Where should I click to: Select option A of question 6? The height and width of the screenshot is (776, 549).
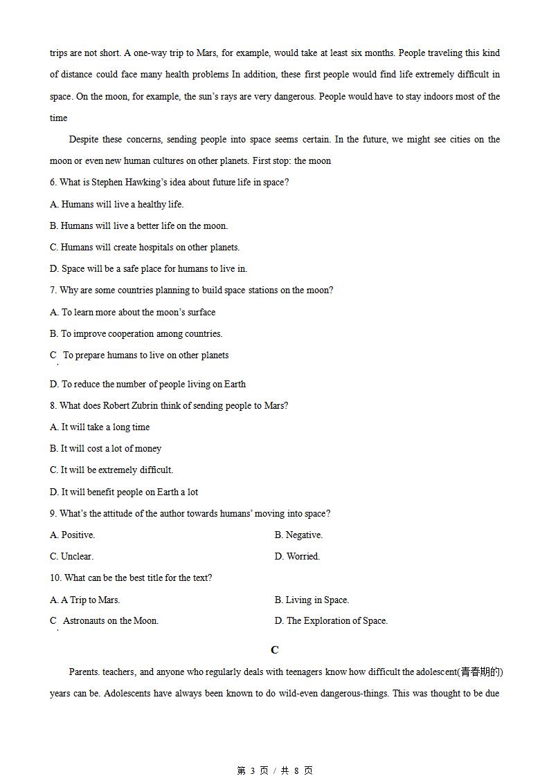tap(116, 204)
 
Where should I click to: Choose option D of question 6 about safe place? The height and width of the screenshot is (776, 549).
tap(148, 268)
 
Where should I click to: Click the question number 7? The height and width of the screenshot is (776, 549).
tap(53, 290)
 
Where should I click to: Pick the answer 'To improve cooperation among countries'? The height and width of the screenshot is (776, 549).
tap(136, 333)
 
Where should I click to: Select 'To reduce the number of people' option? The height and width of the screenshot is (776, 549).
tap(147, 384)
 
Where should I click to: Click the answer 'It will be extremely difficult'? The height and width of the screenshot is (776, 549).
tap(111, 470)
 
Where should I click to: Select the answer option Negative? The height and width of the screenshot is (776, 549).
tap(298, 535)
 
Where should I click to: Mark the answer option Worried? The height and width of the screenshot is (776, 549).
tap(297, 556)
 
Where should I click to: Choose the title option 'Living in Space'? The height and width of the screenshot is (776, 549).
tap(312, 600)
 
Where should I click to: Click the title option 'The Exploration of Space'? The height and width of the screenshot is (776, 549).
tap(331, 621)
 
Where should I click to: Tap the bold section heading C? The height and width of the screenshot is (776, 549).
tap(275, 650)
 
